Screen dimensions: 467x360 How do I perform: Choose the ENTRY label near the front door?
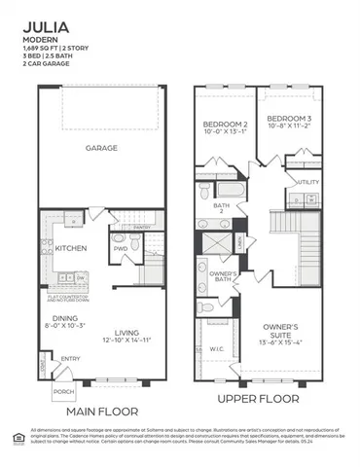[x=70, y=359]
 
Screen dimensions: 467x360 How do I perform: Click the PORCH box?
[x=63, y=392]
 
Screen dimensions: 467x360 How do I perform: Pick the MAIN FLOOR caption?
[x=101, y=411]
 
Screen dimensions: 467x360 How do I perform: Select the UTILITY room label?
[x=308, y=181]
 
